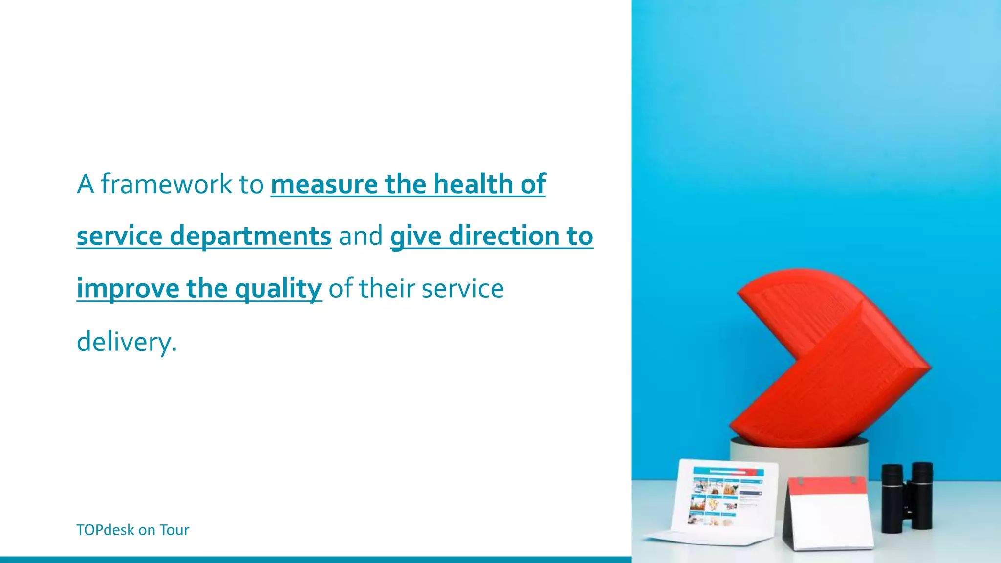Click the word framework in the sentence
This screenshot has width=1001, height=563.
166,184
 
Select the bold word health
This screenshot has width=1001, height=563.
473,184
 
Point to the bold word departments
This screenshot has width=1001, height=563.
250,236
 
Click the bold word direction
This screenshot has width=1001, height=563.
504,236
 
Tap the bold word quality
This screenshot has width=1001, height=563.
278,288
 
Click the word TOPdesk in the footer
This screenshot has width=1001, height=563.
105,530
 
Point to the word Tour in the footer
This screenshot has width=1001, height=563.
174,530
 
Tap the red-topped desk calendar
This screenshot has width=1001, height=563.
829,513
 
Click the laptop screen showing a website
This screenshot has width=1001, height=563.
726,496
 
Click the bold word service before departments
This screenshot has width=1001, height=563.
119,236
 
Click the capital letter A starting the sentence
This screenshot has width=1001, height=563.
85,184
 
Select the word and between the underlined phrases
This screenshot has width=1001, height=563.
361,236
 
